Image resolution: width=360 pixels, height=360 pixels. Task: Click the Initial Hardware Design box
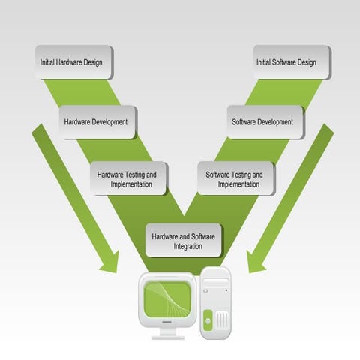pos(75,62)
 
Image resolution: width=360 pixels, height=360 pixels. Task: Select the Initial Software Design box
pos(291,62)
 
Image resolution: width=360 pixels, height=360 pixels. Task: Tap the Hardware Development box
pos(97,121)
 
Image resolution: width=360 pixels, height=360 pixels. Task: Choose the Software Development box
pos(265,121)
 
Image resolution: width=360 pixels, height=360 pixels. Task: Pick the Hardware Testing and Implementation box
pos(127,178)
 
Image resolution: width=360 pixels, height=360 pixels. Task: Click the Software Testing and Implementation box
pos(235,178)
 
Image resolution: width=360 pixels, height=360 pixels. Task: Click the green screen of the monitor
pos(168,297)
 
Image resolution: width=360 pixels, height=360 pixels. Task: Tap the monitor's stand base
pos(167,336)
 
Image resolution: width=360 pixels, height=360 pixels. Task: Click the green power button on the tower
pos(208,322)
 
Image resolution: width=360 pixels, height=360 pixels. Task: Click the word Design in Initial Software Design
pos(316,62)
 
